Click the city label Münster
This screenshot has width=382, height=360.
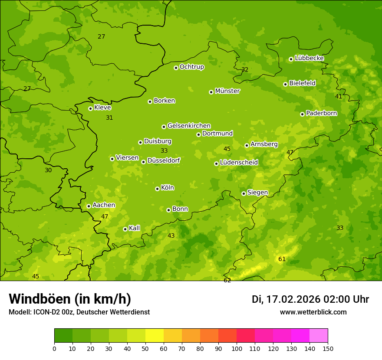[x=227, y=91]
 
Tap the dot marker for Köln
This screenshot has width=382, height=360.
[x=157, y=189]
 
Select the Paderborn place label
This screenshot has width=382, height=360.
[x=321, y=113]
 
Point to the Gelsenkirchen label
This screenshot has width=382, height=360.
[x=189, y=126]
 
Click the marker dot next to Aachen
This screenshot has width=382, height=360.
[x=89, y=206]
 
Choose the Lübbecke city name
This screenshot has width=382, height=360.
[x=309, y=58]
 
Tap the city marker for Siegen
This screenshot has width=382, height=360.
[x=244, y=193]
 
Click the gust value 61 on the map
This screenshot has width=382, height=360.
[x=282, y=259]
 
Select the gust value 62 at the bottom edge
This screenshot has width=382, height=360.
[x=227, y=280]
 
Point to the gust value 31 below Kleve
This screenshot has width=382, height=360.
[x=109, y=118]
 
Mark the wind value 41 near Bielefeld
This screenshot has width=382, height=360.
[x=339, y=96]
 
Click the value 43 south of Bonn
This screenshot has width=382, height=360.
[x=171, y=236]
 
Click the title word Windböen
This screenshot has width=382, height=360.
[x=40, y=299]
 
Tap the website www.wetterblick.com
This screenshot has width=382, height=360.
[x=313, y=312]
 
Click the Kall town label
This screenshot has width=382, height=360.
[x=134, y=228]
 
